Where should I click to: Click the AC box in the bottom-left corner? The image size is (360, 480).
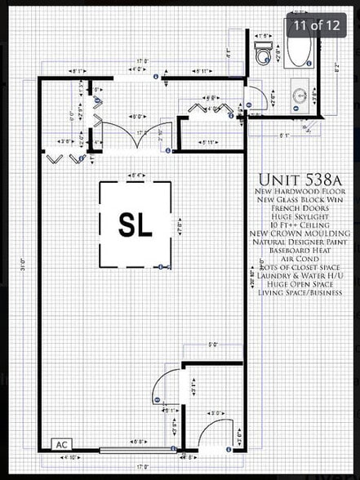pos(61,445)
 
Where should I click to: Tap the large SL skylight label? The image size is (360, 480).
pos(135,225)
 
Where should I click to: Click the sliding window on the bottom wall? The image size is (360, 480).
pos(136,450)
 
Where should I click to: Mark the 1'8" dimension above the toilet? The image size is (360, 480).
pos(263,36)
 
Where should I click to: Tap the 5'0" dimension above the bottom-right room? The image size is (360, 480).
pos(213,344)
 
